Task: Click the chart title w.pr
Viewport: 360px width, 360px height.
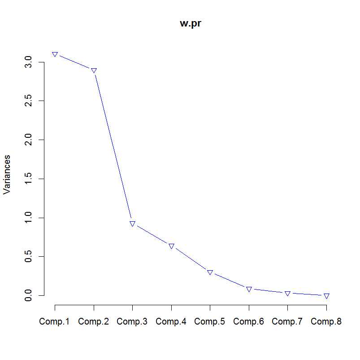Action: point(191,24)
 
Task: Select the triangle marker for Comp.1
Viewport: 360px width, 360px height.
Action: point(55,54)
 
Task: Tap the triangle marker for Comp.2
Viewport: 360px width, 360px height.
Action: point(94,70)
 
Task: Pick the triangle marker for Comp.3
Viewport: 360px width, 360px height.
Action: point(133,224)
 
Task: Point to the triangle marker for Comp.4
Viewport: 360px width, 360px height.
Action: point(171,246)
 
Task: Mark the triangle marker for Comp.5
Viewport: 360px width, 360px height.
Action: point(210,272)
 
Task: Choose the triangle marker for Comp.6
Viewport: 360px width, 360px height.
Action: point(249,289)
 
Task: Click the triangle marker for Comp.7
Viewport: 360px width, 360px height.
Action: point(287,293)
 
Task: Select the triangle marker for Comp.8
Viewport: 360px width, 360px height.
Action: point(326,296)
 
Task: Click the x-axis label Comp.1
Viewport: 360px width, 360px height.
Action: point(55,321)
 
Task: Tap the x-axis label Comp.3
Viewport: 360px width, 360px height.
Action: point(132,321)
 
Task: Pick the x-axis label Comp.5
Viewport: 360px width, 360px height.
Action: point(210,321)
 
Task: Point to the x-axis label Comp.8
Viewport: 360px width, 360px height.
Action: point(326,321)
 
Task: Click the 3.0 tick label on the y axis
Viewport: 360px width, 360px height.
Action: point(29,62)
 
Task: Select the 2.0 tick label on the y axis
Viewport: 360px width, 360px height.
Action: point(29,140)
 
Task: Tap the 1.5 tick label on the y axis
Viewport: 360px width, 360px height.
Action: point(29,179)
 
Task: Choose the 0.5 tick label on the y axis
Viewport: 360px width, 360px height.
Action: point(29,256)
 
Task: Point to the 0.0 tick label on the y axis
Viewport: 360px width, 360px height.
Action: point(29,295)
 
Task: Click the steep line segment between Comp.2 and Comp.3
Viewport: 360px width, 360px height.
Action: point(113,147)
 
